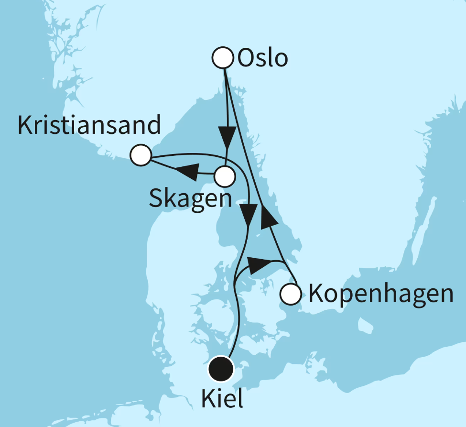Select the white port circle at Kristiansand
141,155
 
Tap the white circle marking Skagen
224,176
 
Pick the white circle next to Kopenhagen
290,294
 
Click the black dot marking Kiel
221,369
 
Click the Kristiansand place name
89,126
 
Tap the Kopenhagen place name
380,294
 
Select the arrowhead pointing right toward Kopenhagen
257,264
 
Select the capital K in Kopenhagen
317,294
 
